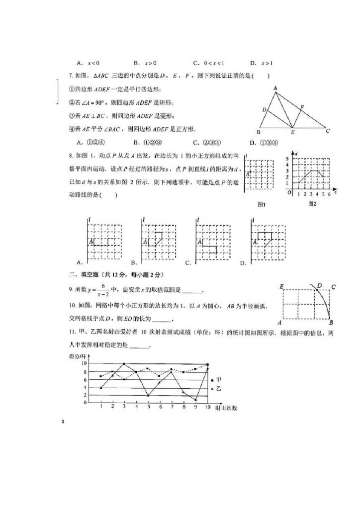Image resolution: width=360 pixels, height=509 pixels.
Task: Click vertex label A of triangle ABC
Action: coord(274,88)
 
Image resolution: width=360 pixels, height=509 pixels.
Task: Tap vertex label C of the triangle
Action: coord(328,132)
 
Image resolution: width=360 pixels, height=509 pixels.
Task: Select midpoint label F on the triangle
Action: coord(302,106)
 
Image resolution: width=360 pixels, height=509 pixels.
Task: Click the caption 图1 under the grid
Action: coord(262,204)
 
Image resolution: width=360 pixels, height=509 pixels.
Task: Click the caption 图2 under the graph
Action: coord(312,203)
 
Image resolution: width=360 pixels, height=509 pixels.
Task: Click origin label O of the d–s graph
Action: coord(289,193)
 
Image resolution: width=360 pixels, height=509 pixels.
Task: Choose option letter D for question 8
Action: coord(243,263)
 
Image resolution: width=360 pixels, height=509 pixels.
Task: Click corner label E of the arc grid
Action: coord(281,287)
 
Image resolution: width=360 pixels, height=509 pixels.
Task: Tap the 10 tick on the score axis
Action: coord(85,364)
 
